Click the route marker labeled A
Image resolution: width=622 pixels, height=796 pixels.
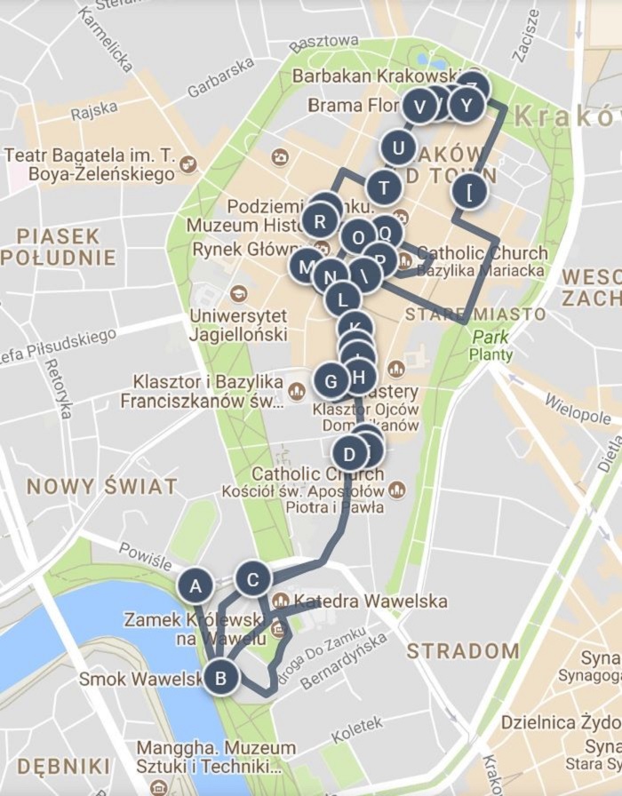pyautogui.click(x=195, y=586)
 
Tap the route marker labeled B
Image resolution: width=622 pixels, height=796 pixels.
pyautogui.click(x=221, y=680)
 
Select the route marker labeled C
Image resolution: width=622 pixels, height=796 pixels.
pyautogui.click(x=253, y=579)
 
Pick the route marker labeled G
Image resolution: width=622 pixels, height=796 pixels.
pyautogui.click(x=331, y=382)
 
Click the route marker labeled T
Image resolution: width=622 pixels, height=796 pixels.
pyautogui.click(x=384, y=187)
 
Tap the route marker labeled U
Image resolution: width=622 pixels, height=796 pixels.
pyautogui.click(x=398, y=147)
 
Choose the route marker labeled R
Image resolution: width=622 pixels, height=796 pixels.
pyautogui.click(x=320, y=221)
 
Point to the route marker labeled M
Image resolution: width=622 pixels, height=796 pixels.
pyautogui.click(x=307, y=266)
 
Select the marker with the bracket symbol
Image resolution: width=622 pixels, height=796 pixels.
pyautogui.click(x=469, y=190)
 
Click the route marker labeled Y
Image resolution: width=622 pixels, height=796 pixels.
pyautogui.click(x=466, y=106)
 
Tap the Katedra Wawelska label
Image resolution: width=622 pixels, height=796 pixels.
pyautogui.click(x=371, y=601)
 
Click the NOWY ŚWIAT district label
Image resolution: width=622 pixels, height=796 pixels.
pyautogui.click(x=101, y=486)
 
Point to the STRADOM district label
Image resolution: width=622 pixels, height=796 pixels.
pyautogui.click(x=463, y=650)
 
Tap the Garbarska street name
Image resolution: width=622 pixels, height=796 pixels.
pyautogui.click(x=220, y=78)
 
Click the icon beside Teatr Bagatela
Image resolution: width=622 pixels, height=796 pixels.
pyautogui.click(x=188, y=164)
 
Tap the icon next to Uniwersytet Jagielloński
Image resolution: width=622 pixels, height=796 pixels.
pyautogui.click(x=238, y=294)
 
